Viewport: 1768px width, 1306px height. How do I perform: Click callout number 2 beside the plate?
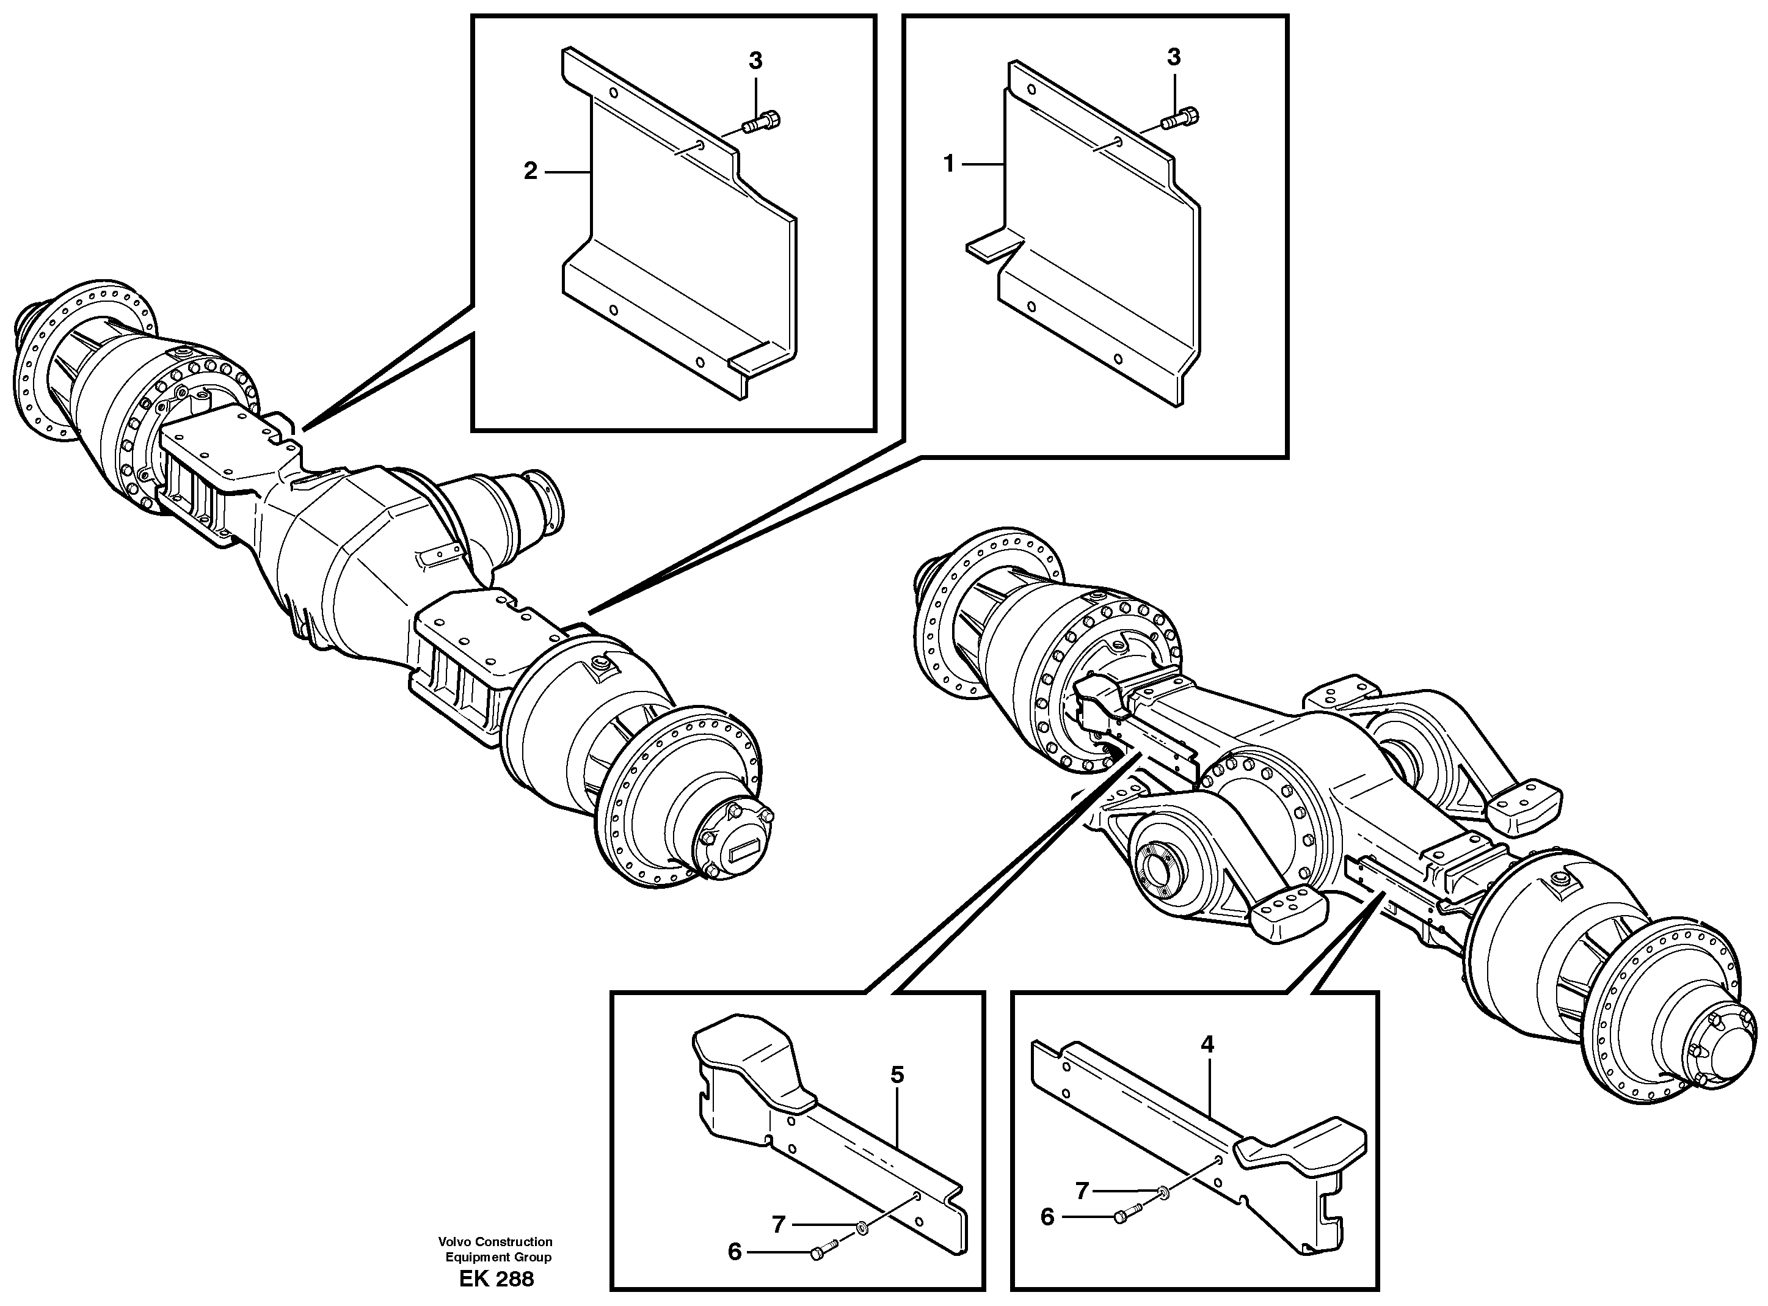click(530, 171)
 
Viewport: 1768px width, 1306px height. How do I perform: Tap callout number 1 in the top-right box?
click(949, 164)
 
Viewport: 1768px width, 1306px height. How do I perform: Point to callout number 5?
click(897, 1075)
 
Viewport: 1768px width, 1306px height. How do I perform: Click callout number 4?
click(1207, 1045)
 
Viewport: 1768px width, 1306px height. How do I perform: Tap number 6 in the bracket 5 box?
click(734, 1274)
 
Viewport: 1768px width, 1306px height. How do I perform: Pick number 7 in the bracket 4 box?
click(1082, 1190)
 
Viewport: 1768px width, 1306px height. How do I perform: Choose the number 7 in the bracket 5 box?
click(779, 1225)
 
